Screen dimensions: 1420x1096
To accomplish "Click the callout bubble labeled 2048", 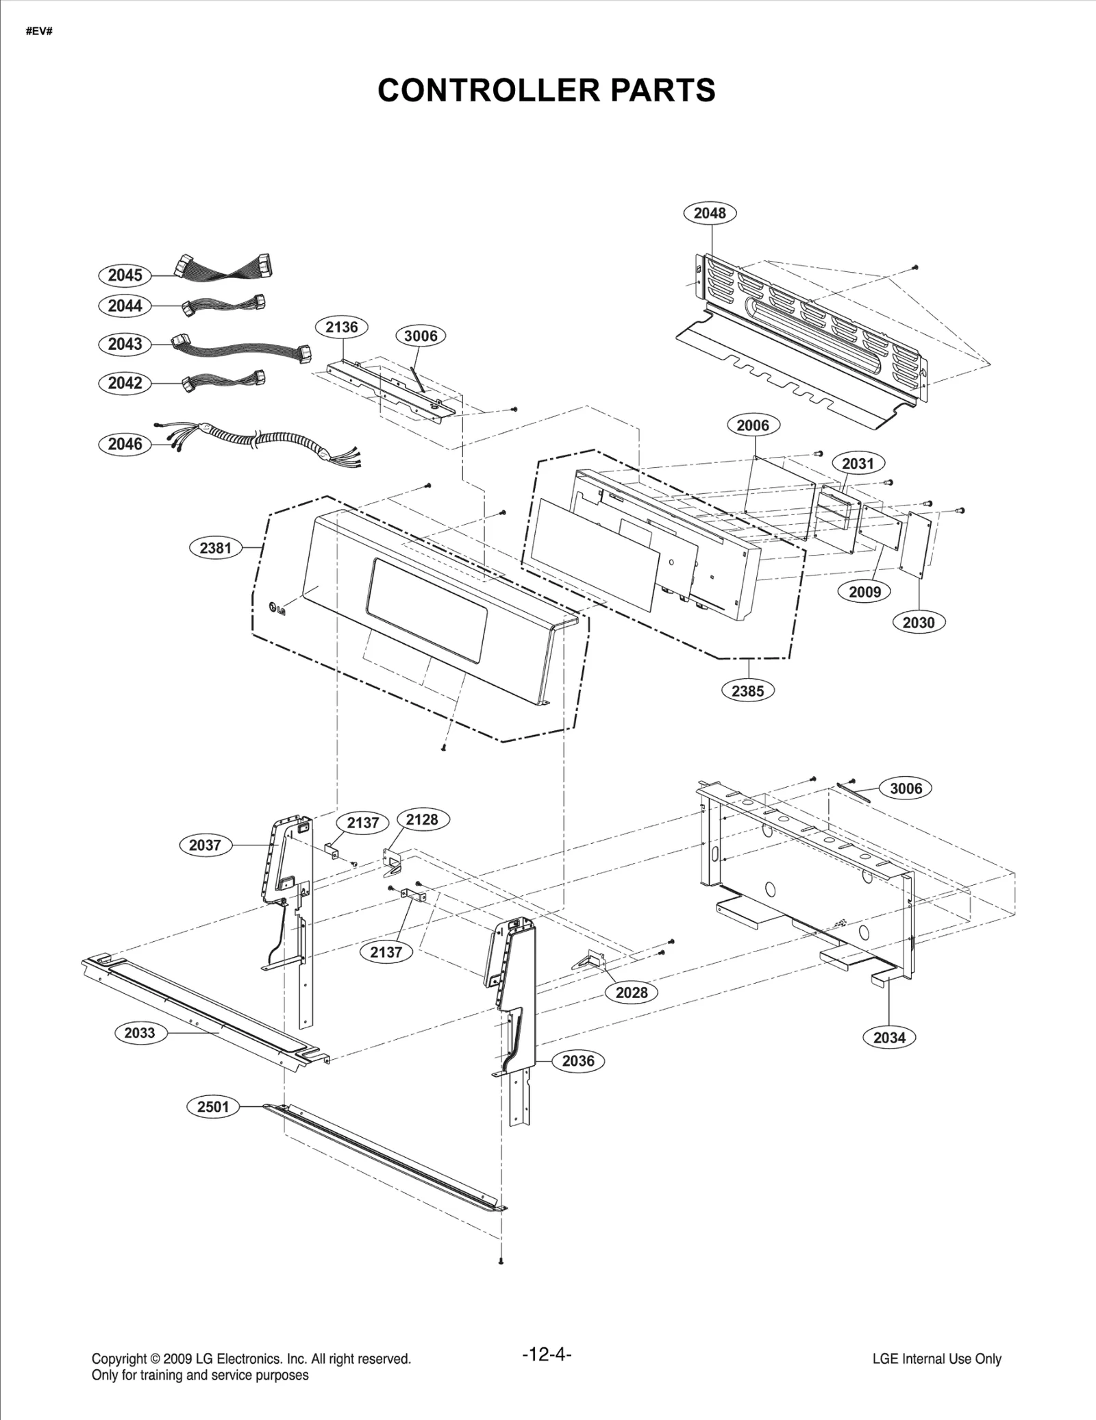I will [710, 213].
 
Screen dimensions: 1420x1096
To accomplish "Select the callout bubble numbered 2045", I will [125, 275].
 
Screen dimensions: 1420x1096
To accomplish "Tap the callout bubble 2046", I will [125, 444].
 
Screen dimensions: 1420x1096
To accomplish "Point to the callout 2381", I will [215, 548].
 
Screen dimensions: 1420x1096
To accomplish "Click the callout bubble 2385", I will [747, 690].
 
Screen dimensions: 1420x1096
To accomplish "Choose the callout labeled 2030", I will [918, 623].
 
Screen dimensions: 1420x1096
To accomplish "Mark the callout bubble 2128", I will [421, 819].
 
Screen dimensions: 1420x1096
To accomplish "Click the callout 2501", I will [213, 1106].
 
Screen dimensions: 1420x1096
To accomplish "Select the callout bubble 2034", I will [889, 1037].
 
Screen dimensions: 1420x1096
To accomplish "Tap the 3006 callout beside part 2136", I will [421, 336].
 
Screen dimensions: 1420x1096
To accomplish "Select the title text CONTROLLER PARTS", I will [547, 90].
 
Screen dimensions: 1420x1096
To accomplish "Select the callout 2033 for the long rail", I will [140, 1032].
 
